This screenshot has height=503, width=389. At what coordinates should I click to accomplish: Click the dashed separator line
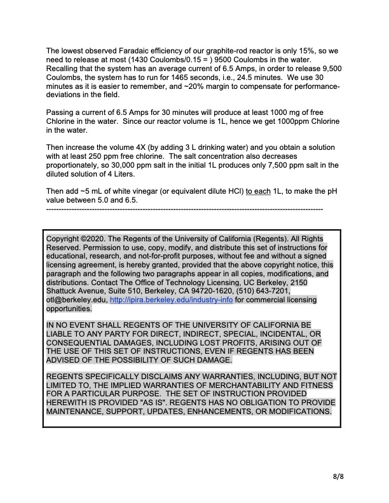[x=185, y=208]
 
